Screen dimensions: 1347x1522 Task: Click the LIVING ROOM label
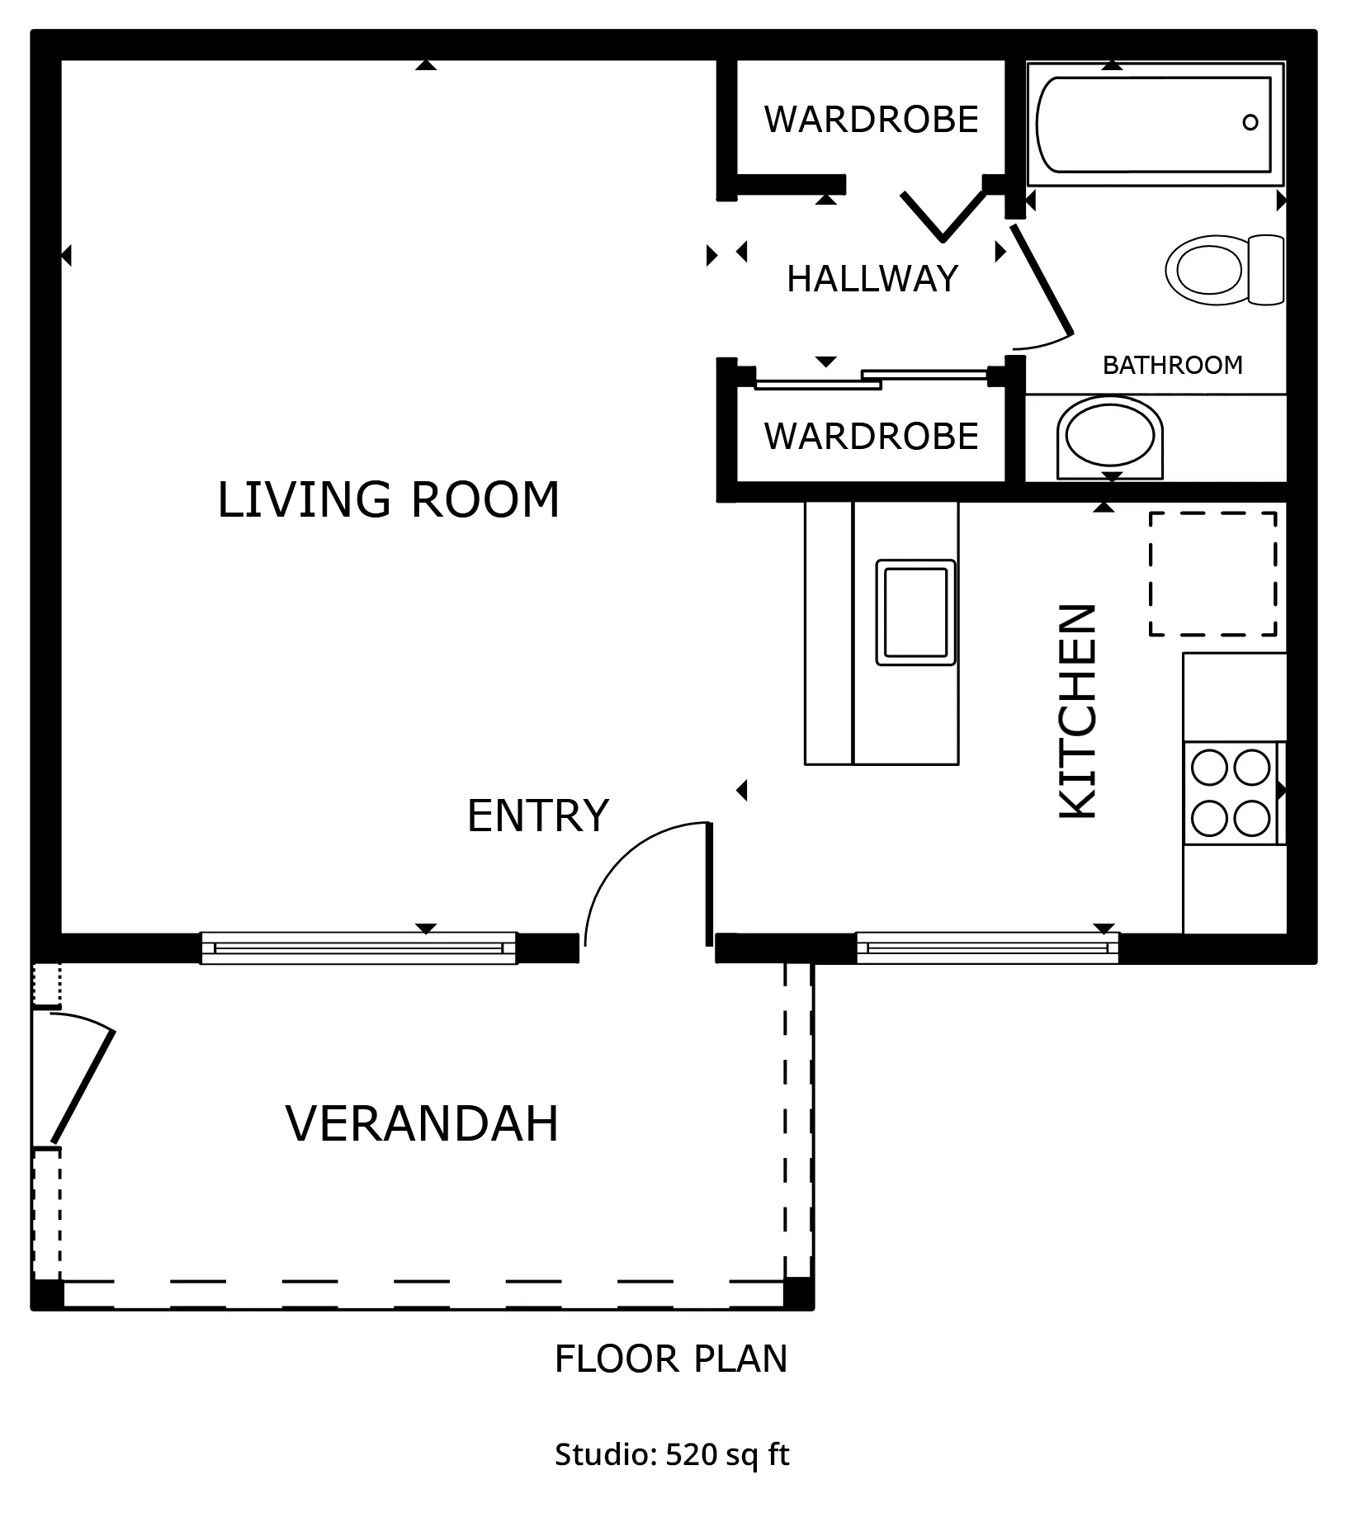pyautogui.click(x=388, y=499)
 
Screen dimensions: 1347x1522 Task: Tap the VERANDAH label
pyautogui.click(x=422, y=1123)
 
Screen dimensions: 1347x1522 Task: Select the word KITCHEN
pyautogui.click(x=1078, y=712)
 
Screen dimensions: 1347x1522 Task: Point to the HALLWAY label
pyautogui.click(x=872, y=279)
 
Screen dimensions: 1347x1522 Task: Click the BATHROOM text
pyautogui.click(x=1172, y=365)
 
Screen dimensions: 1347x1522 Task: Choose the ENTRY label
pyautogui.click(x=537, y=815)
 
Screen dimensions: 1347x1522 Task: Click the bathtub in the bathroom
pyautogui.click(x=1155, y=124)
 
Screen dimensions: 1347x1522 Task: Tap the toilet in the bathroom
pyautogui.click(x=1225, y=270)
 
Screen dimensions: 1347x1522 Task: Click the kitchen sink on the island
pyautogui.click(x=915, y=612)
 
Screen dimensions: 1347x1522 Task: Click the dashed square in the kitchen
pyautogui.click(x=1212, y=574)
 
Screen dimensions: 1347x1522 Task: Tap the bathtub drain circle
pyautogui.click(x=1250, y=123)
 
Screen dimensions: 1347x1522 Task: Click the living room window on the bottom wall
pyautogui.click(x=358, y=948)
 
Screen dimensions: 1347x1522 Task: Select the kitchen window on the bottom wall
pyautogui.click(x=987, y=948)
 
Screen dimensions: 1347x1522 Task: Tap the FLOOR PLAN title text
pyautogui.click(x=671, y=1359)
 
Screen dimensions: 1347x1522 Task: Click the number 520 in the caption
pyautogui.click(x=691, y=1453)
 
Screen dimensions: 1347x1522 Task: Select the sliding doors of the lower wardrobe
pyautogui.click(x=872, y=378)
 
